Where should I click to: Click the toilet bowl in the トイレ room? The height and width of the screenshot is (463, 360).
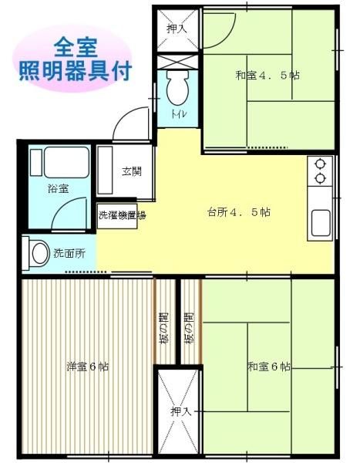(177, 88)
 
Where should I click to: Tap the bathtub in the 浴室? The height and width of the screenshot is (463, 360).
(66, 162)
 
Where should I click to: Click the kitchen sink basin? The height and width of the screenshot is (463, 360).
(321, 223)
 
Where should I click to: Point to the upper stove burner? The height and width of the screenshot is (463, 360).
(320, 164)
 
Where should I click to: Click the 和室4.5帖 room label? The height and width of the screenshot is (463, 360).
(267, 76)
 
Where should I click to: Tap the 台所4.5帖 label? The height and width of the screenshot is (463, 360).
(238, 211)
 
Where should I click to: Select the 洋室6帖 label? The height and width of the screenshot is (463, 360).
(88, 367)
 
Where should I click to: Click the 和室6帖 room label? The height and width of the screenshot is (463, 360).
(269, 367)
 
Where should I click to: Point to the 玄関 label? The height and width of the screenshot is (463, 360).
(132, 171)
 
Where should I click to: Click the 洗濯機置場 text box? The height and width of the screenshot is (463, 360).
(117, 216)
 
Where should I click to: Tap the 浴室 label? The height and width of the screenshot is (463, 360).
(59, 188)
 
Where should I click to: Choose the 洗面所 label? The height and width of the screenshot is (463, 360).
(69, 253)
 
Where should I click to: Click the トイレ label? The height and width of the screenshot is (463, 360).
(178, 114)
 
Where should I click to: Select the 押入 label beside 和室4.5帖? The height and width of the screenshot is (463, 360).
(177, 29)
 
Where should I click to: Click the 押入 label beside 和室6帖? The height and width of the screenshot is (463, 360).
(181, 411)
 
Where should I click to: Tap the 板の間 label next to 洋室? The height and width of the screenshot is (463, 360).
(165, 329)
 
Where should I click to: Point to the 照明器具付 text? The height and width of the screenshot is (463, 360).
(76, 71)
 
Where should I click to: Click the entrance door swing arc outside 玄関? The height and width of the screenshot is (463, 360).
(123, 117)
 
